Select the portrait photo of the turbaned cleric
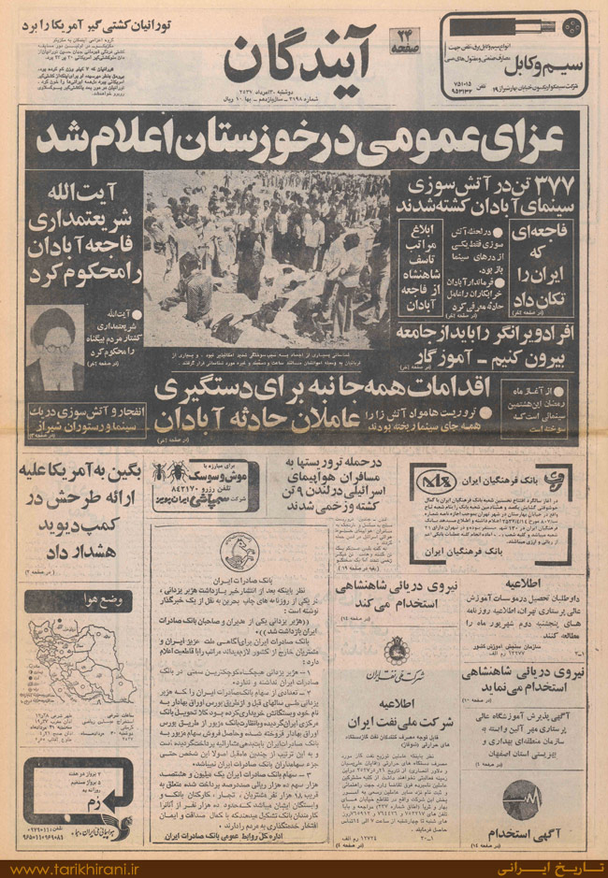(x=52, y=338)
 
